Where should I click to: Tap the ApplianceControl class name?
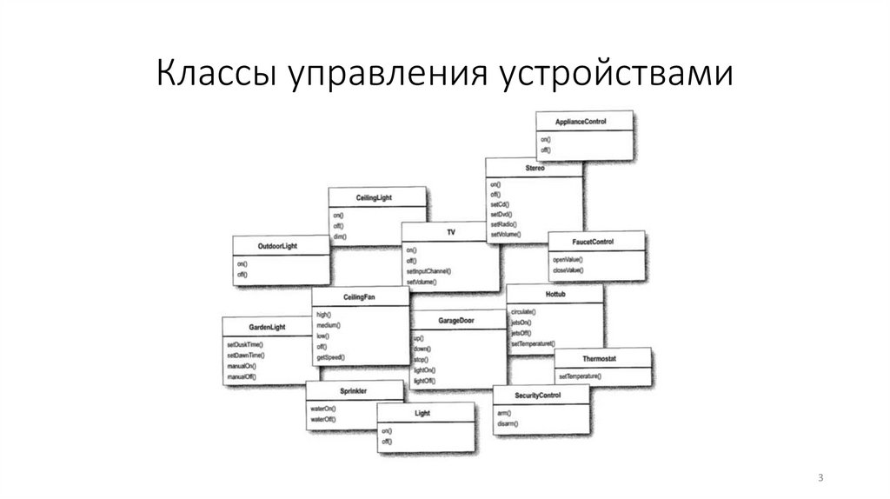[581, 122]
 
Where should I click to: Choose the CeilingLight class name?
[375, 198]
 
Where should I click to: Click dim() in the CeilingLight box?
[339, 236]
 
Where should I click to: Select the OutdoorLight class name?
[277, 246]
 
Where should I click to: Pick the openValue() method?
[568, 260]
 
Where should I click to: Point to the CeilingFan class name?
[360, 297]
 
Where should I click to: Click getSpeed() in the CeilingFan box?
[331, 357]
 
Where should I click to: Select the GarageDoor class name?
[456, 321]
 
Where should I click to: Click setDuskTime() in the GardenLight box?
[245, 345]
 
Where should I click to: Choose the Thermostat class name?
[601, 358]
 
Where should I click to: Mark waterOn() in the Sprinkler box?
[322, 409]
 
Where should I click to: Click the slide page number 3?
[820, 478]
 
